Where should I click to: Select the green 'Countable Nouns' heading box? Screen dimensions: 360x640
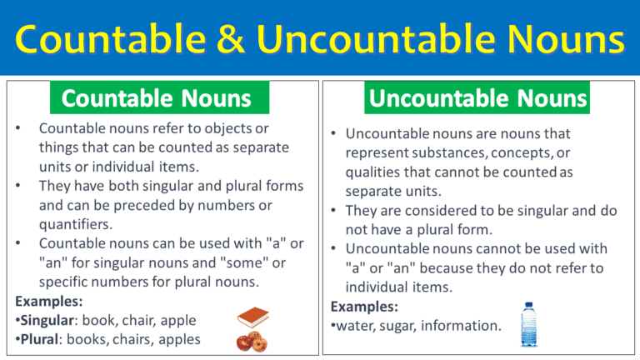coord(157,99)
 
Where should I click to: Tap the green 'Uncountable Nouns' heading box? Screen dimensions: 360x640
coord(479,99)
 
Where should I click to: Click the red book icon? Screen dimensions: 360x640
coord(252,317)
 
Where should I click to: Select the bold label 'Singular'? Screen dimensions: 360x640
coord(48,319)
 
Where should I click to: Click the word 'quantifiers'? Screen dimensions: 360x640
coord(74,222)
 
